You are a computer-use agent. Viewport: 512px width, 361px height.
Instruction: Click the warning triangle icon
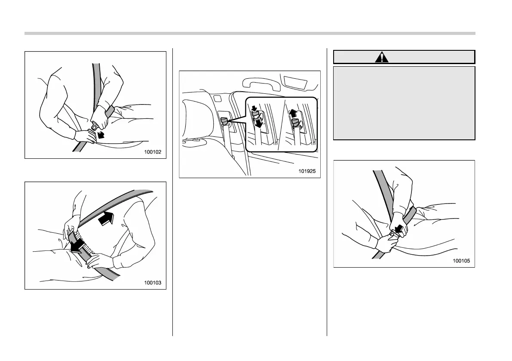coord(382,57)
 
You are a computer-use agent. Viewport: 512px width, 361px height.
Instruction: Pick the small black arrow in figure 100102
coord(101,136)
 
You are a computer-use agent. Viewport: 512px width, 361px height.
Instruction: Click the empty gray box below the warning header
coord(404,103)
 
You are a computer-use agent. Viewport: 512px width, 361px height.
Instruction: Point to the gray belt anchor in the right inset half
coord(295,124)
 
